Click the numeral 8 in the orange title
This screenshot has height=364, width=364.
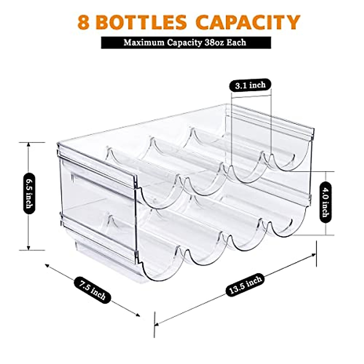pos(83,22)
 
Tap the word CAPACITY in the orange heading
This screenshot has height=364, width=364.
pos(247,22)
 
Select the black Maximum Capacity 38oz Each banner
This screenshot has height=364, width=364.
pos(186,42)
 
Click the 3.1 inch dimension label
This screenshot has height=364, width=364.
pos(250,85)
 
